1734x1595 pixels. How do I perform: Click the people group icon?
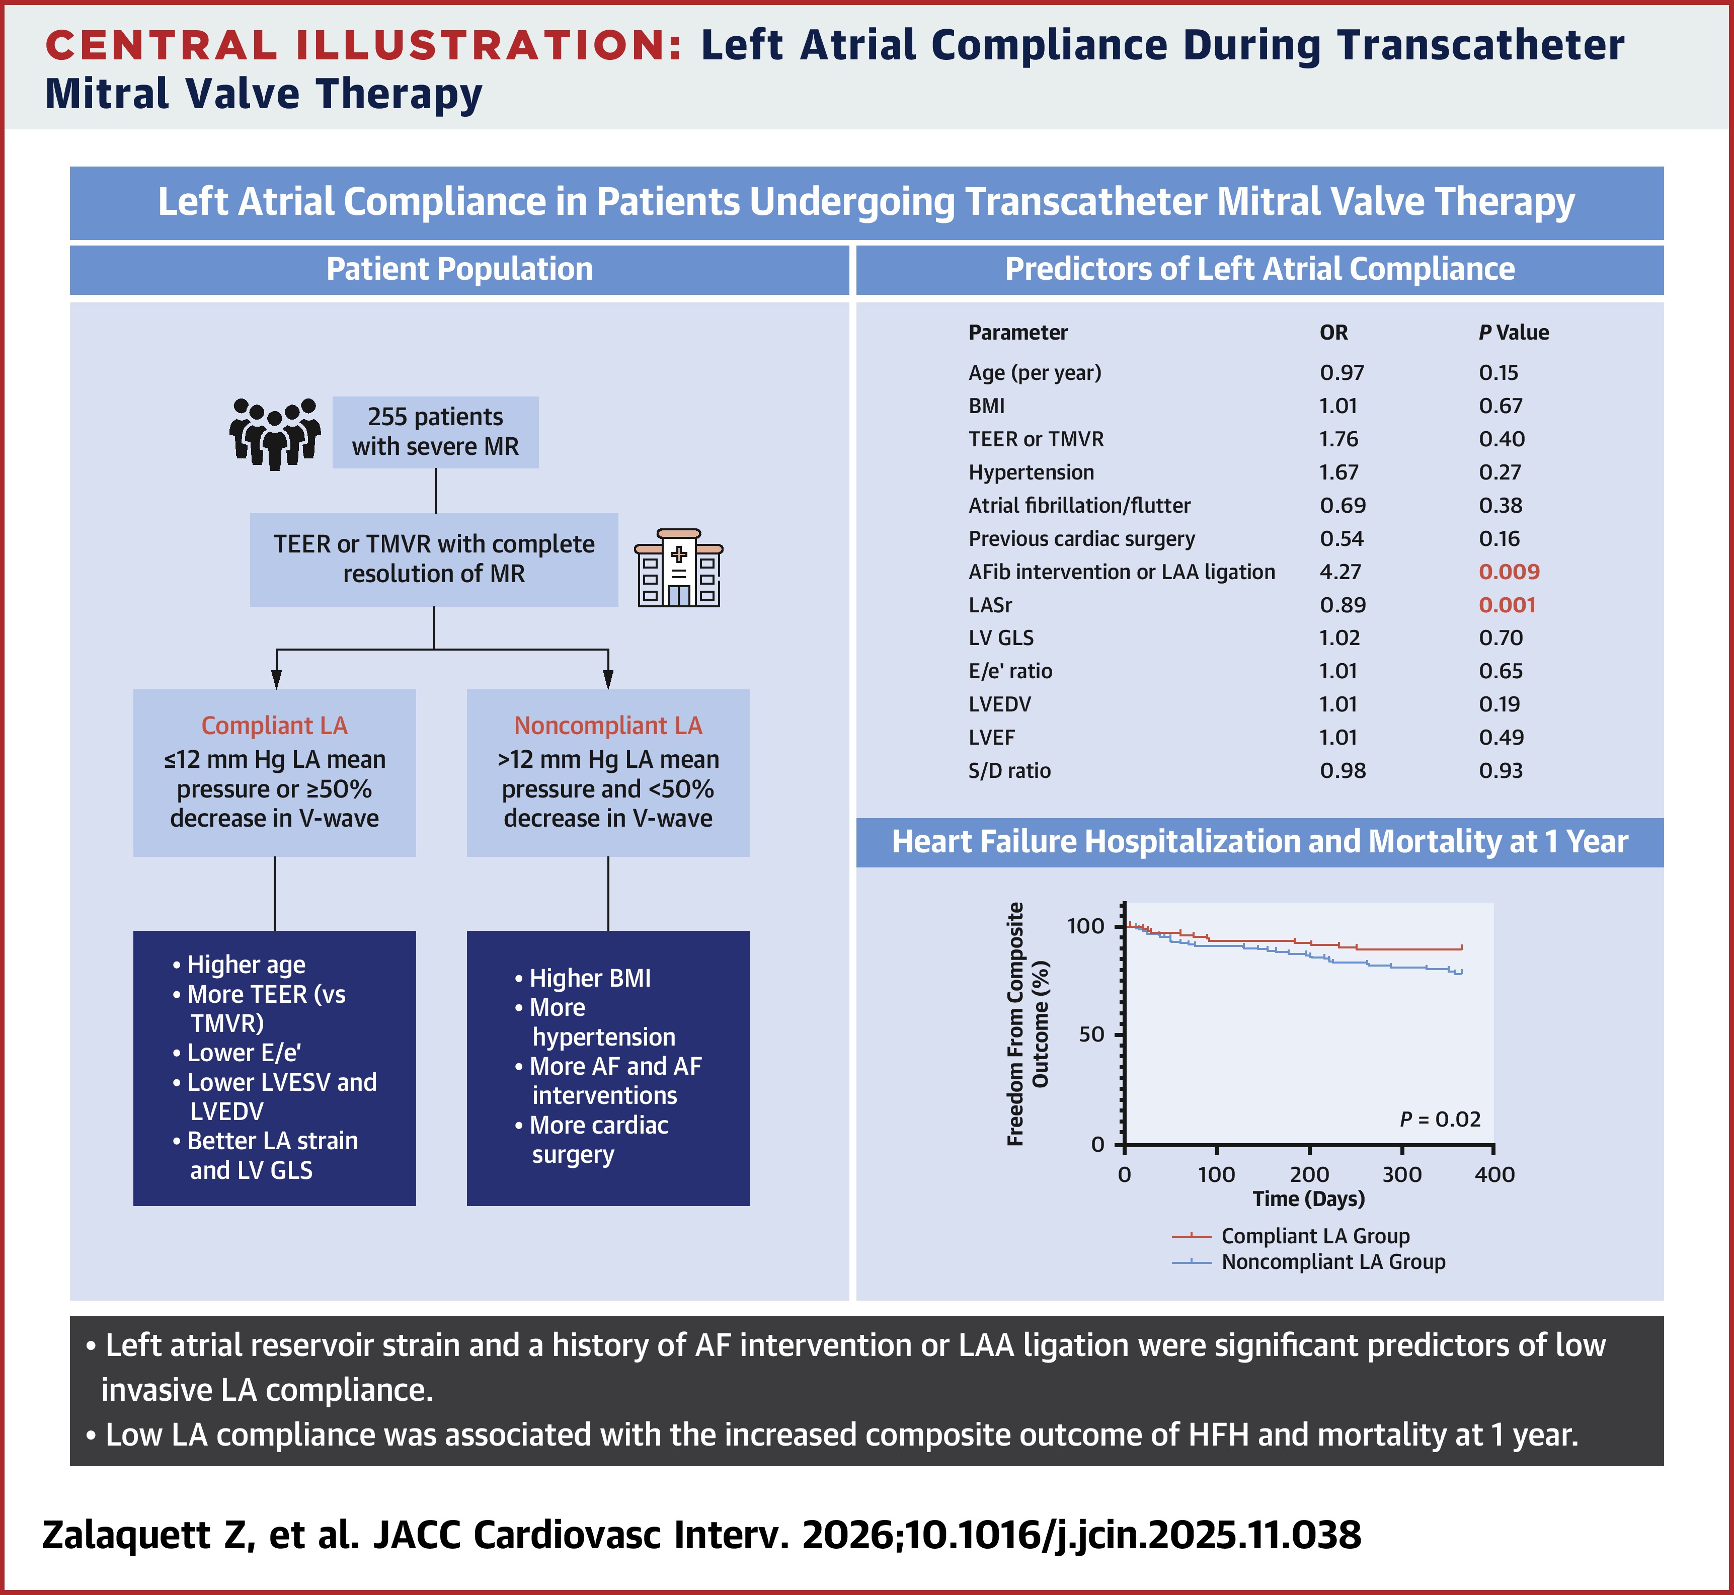(274, 433)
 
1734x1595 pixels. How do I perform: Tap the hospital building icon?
(678, 568)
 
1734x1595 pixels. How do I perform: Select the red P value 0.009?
(1509, 572)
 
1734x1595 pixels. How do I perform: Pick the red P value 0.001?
(1507, 605)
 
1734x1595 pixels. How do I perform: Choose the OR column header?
(1333, 332)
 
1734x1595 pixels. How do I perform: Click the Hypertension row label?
(1031, 472)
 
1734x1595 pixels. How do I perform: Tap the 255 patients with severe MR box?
(435, 432)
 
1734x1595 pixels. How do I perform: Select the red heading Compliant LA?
(274, 725)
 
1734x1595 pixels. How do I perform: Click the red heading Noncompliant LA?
(608, 725)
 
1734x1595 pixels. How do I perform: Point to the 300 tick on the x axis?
(1402, 1174)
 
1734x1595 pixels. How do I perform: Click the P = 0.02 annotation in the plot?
(1440, 1120)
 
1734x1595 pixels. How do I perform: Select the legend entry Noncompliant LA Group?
(1332, 1262)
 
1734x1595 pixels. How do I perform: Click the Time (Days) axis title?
(1308, 1199)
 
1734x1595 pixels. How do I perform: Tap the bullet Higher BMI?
(590, 978)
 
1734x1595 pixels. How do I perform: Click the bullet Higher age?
(246, 964)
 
